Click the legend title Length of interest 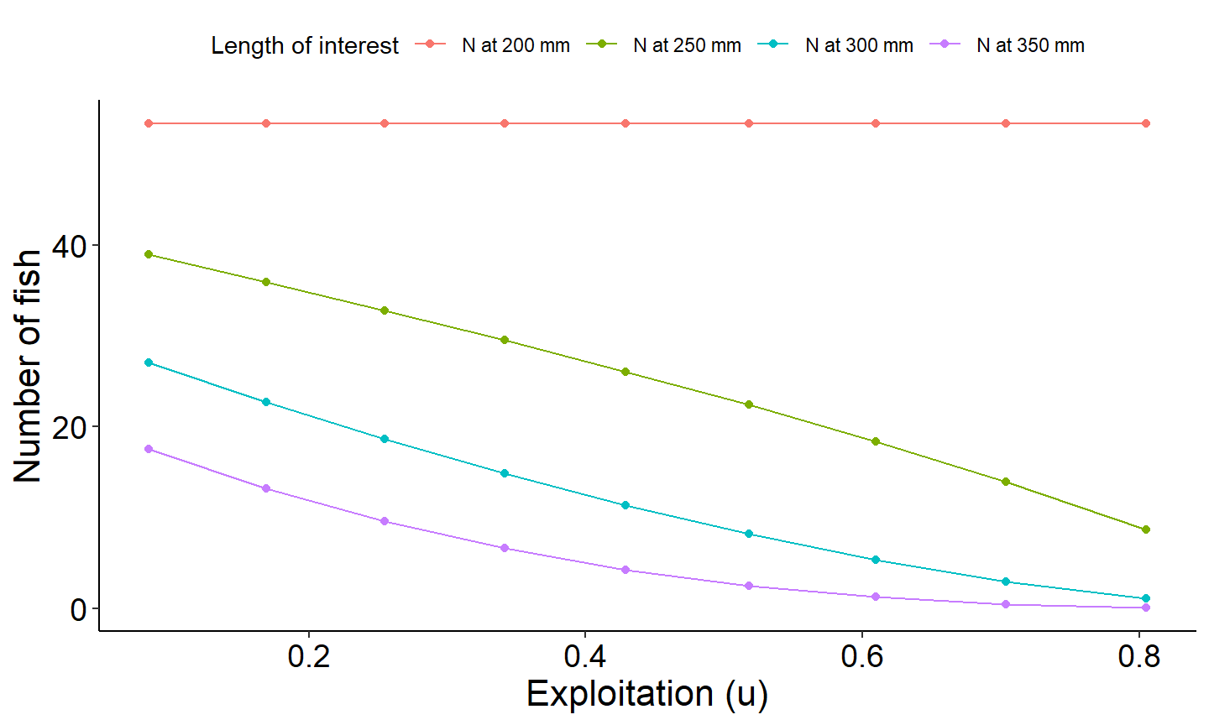coord(305,45)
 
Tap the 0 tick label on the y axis coord(78,609)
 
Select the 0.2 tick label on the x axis coord(309,656)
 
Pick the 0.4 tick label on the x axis coord(585,656)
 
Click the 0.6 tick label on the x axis coord(862,656)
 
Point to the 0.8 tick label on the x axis coord(1138,656)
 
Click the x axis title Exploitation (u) coord(646,694)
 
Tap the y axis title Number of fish coord(28,366)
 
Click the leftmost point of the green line coord(149,254)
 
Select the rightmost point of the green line coord(1145,529)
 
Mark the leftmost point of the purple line coord(149,449)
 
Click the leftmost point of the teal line coord(149,362)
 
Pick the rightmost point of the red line coord(1145,123)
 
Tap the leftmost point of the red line coord(149,123)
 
